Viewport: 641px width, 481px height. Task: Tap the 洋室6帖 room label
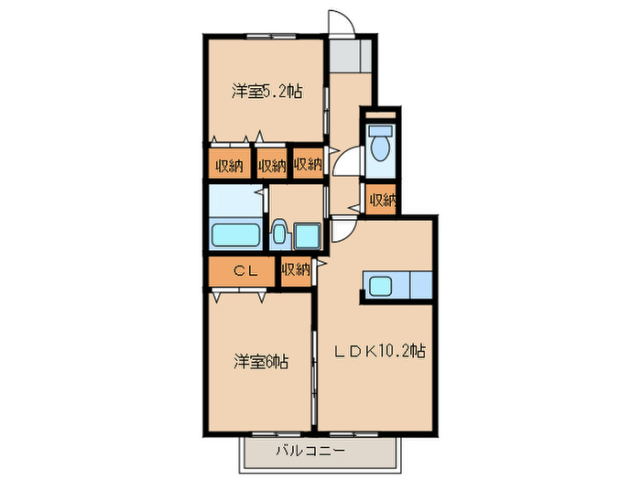point(260,362)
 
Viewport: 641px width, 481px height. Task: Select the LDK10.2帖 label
point(377,350)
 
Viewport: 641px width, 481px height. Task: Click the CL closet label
point(243,270)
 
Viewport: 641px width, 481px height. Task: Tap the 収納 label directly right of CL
point(296,269)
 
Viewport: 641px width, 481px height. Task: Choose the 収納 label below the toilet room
point(382,200)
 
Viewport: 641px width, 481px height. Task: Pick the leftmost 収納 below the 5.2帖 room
point(229,165)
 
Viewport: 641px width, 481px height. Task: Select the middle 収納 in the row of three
point(272,165)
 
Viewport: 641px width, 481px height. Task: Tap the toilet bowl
point(380,144)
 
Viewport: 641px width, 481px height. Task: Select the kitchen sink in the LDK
point(379,285)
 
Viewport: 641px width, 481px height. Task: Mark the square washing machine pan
point(307,235)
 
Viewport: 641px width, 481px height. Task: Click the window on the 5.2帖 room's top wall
point(266,37)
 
